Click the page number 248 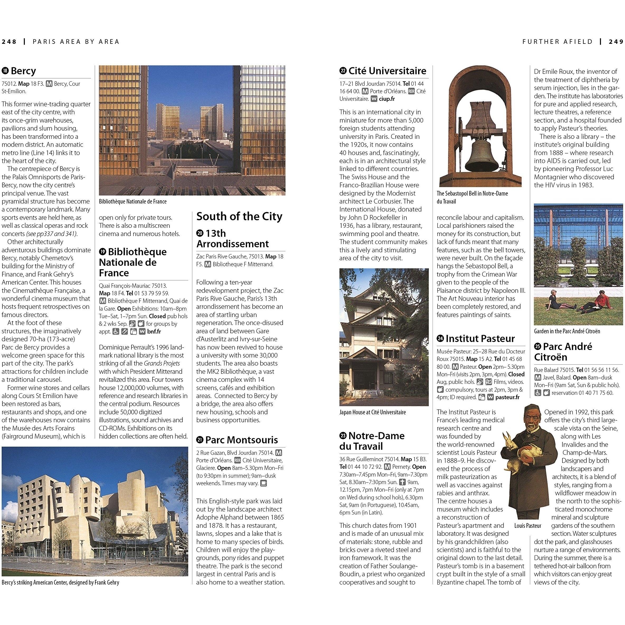(9, 42)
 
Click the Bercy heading (23, 71)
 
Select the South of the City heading (239, 216)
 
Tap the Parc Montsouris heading (241, 440)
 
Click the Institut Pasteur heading (480, 338)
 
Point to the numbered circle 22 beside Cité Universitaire (343, 71)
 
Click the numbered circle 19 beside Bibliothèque (103, 252)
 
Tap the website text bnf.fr (154, 332)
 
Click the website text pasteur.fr (507, 397)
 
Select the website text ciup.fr (387, 99)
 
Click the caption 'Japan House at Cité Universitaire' (372, 413)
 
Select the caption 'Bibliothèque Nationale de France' (133, 202)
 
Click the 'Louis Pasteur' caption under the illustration (527, 526)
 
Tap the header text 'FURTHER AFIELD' (557, 42)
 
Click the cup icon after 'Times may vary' (264, 483)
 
